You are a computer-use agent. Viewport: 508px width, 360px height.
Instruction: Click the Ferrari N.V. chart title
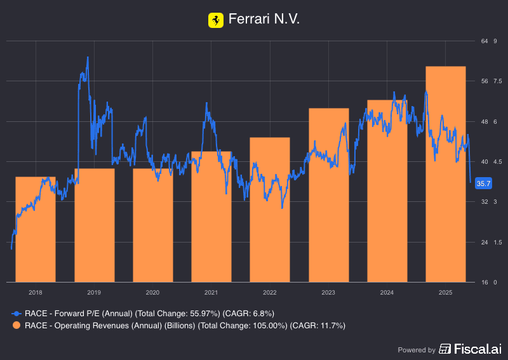click(264, 20)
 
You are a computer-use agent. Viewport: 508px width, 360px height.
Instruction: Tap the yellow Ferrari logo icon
click(216, 20)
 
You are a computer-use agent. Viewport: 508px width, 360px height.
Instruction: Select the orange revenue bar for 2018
click(36, 229)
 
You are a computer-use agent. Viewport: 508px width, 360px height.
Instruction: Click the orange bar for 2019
click(95, 225)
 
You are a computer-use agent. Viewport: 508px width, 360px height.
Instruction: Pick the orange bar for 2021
click(211, 217)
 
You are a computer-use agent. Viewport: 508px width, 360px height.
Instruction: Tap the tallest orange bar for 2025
click(446, 174)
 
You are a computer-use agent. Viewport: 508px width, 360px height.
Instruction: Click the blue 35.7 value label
click(484, 183)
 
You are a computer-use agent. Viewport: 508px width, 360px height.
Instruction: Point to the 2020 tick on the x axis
click(152, 292)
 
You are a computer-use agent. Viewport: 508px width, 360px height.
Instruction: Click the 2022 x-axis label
click(270, 292)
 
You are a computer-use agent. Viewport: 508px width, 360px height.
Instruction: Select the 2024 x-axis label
click(387, 292)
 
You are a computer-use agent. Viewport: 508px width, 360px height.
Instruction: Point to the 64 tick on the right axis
click(485, 41)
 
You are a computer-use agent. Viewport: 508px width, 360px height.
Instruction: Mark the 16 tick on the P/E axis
click(485, 282)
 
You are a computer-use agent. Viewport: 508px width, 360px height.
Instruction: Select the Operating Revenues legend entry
click(184, 326)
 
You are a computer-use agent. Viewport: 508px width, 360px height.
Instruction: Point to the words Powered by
click(417, 350)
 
